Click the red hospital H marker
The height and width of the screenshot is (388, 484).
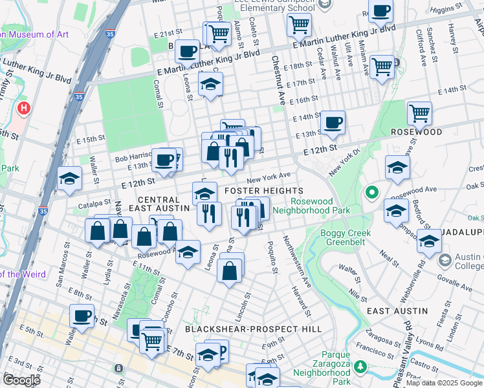(x=25, y=107)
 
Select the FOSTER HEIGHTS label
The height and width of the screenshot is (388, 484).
(x=263, y=191)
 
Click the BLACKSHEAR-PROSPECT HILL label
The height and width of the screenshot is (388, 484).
(x=254, y=329)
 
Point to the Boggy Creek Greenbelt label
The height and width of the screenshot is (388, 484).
(x=344, y=238)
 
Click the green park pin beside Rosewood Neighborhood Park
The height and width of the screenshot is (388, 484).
(x=371, y=192)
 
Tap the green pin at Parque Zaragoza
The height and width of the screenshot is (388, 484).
(x=360, y=367)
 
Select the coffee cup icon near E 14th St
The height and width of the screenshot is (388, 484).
(x=333, y=122)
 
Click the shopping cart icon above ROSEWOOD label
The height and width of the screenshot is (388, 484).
(x=419, y=113)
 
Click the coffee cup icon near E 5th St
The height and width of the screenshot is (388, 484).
(x=82, y=316)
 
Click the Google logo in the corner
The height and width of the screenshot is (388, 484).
(x=21, y=380)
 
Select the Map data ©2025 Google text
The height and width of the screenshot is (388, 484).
(x=444, y=383)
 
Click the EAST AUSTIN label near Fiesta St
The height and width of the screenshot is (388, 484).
(x=397, y=311)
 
